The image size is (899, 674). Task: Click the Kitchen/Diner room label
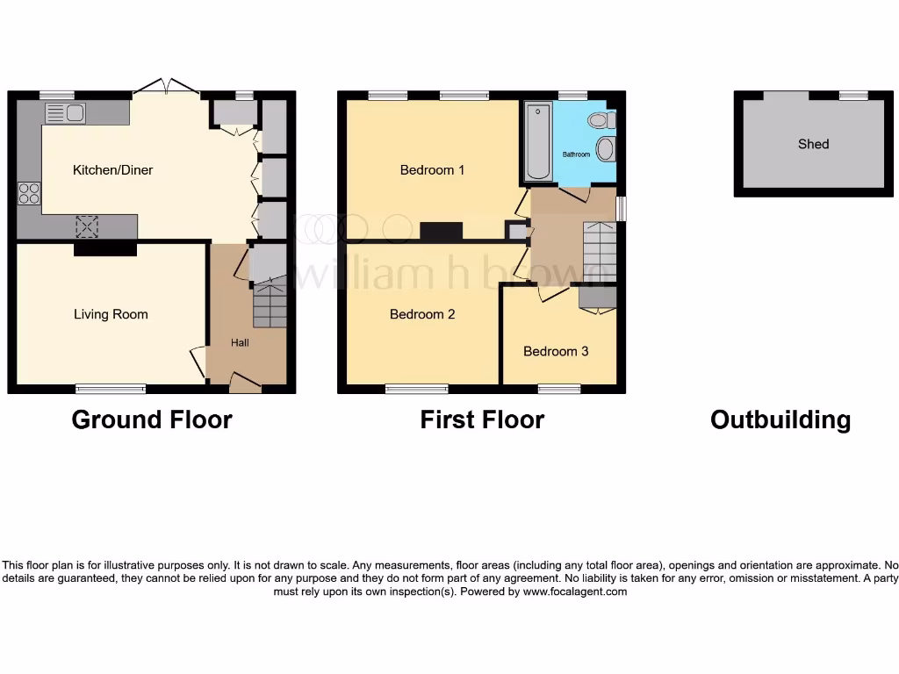[x=112, y=170]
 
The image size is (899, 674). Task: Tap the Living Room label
[x=111, y=314]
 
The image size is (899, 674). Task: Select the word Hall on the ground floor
[x=240, y=342]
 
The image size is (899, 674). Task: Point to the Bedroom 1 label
[x=432, y=170]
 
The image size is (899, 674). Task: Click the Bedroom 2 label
[x=422, y=314]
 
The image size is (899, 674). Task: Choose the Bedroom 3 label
[x=556, y=351]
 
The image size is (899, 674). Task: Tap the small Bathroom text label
[x=577, y=154]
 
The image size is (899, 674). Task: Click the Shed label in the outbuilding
[x=813, y=144]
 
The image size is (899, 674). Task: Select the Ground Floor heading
[x=152, y=419]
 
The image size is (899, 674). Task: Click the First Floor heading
[x=482, y=419]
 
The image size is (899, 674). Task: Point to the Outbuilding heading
[x=780, y=419]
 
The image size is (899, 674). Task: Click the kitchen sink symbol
[x=65, y=112]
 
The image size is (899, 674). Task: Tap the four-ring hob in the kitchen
[x=29, y=193]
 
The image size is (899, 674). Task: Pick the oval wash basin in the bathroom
[x=605, y=148]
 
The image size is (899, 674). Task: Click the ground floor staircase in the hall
[x=270, y=304]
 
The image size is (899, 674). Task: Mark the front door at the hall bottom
[x=245, y=383]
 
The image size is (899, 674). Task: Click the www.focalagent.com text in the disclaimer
[x=575, y=592]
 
